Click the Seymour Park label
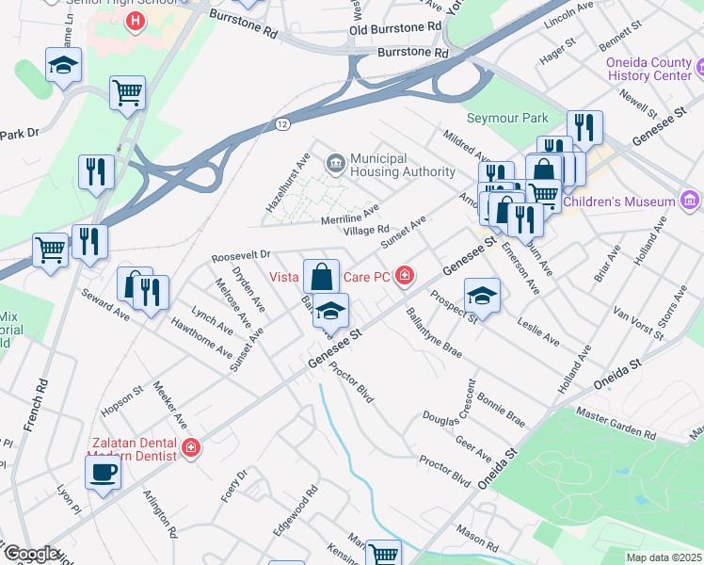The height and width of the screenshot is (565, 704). click(507, 119)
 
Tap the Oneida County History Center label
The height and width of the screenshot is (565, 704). click(649, 69)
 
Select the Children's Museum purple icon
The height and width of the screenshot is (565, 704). click(690, 201)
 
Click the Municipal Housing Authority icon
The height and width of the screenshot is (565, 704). click(334, 165)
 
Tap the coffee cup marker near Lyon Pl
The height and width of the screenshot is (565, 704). click(103, 472)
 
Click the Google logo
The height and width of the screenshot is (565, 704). click(30, 554)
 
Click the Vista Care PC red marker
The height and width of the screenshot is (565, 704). click(404, 275)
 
